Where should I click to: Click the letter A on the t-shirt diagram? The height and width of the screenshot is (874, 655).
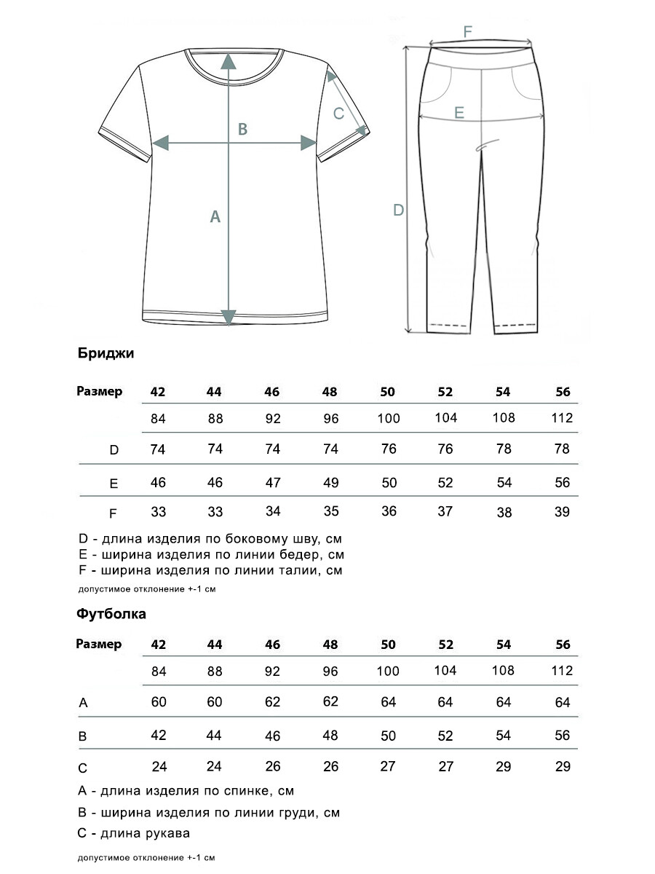click(x=215, y=216)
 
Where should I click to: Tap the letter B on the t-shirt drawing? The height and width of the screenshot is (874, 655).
click(x=243, y=129)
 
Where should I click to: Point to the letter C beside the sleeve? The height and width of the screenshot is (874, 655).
click(x=338, y=113)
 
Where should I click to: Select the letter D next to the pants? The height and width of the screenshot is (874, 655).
click(x=398, y=210)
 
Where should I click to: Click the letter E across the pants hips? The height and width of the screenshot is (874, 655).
click(x=458, y=112)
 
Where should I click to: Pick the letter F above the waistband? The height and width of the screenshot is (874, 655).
click(x=468, y=31)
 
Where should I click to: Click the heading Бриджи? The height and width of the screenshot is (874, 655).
click(x=105, y=354)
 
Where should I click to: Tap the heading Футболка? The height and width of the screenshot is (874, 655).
click(x=111, y=613)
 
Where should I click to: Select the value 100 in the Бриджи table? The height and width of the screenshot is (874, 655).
click(x=389, y=419)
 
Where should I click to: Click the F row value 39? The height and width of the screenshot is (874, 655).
click(x=563, y=512)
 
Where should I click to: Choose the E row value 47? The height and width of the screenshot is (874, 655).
click(x=273, y=483)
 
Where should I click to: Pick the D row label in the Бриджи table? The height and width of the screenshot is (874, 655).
click(x=114, y=450)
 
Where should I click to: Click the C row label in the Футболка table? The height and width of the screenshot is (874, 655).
click(x=83, y=768)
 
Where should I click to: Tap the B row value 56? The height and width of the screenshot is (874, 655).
click(x=562, y=736)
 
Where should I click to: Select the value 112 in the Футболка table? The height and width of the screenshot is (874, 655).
click(x=563, y=671)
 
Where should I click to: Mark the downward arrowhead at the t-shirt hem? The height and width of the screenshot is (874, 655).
click(x=229, y=318)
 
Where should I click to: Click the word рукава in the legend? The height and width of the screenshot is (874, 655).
click(x=167, y=833)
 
